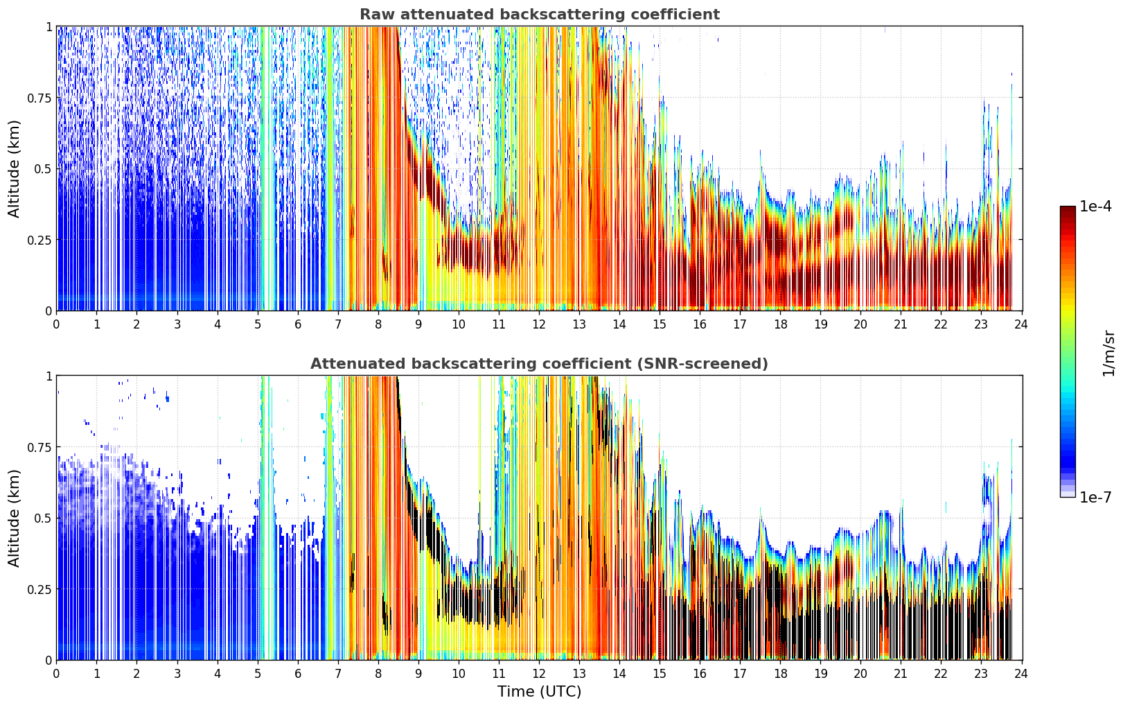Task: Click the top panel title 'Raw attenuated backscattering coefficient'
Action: tap(540, 14)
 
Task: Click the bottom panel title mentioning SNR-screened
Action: tap(540, 363)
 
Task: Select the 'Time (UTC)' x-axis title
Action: tap(540, 692)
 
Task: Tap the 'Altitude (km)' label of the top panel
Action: tap(14, 169)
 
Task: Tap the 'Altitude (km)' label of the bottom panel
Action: tap(14, 518)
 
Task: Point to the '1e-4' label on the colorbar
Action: tap(1095, 206)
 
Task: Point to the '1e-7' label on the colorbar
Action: tap(1095, 498)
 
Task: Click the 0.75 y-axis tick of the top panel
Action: tap(39, 98)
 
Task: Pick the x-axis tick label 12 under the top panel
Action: tap(539, 324)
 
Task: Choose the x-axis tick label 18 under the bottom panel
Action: tap(781, 674)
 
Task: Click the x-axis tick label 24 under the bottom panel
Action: tap(1021, 674)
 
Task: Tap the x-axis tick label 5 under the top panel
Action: tap(258, 324)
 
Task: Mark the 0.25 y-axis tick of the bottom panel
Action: tap(39, 589)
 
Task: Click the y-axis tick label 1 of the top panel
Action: tap(49, 26)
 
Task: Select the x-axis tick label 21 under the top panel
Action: tap(901, 324)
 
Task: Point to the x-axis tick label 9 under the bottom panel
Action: tap(418, 674)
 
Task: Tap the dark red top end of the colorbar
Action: tap(1068, 209)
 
